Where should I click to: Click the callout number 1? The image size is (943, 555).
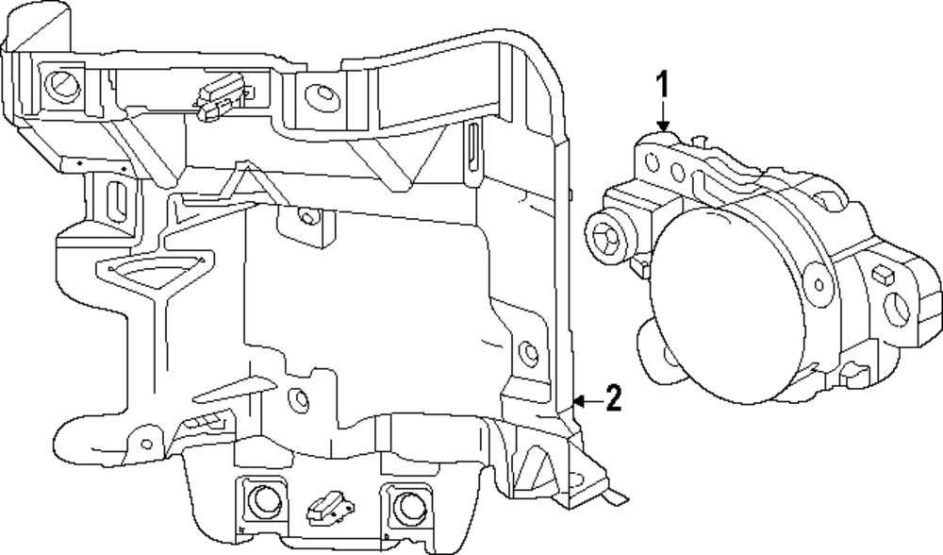coord(663,86)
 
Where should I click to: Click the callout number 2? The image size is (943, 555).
coord(613,400)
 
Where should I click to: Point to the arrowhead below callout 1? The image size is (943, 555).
coord(663,126)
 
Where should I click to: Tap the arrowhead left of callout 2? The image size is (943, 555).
coord(579,402)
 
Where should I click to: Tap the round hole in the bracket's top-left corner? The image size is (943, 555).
coord(63,84)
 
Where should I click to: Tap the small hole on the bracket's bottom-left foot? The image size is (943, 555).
coord(145,442)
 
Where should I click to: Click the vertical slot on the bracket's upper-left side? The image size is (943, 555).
coord(119,201)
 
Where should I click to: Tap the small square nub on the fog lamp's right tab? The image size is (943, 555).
coord(883,276)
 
